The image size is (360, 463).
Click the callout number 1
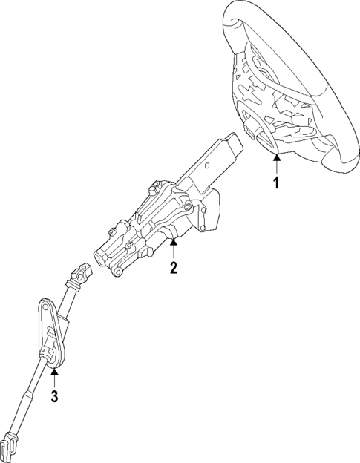pos(276,183)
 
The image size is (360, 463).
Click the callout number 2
pos(174,268)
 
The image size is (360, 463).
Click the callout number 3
pos(54,396)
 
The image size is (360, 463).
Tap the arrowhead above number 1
pos(276,158)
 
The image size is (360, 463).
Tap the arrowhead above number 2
pos(174,243)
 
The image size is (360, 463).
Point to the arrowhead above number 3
pos(54,371)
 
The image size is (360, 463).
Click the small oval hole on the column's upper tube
pos(207,165)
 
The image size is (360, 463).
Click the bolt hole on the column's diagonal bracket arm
pos(186,208)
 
